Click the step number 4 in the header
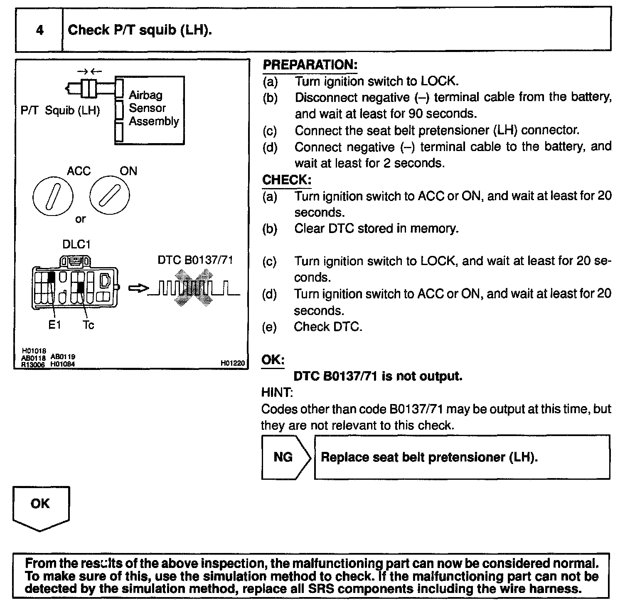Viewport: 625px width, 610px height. coord(40,30)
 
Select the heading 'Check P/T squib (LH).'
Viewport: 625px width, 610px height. coord(140,30)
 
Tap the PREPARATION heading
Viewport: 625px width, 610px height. coord(310,65)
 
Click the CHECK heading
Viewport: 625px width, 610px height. coord(287,180)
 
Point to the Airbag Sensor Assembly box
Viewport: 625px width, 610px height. coord(150,110)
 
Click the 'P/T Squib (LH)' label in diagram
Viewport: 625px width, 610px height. coord(60,111)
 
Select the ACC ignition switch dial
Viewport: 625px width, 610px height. coord(53,196)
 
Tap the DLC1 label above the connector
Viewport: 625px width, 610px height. coord(76,244)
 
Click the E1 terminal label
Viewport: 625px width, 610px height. coord(54,325)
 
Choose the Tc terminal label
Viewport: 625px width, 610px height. coord(88,325)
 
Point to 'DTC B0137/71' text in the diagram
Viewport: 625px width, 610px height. coord(195,260)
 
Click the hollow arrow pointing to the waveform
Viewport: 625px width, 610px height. coord(138,288)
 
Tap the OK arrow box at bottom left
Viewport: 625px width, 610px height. coord(41,507)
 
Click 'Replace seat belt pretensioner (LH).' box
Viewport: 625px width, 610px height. coord(462,457)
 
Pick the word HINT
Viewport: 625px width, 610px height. coord(277,392)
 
